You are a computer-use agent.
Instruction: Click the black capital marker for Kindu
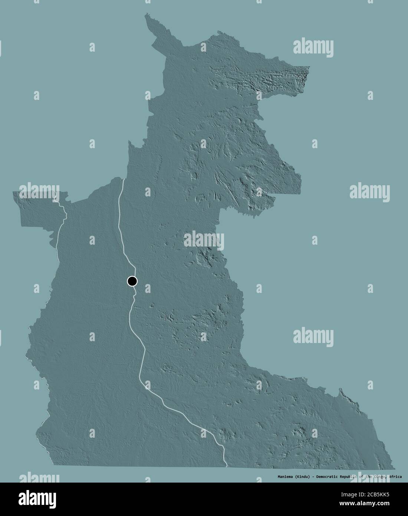click(x=132, y=281)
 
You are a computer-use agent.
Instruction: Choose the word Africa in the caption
click(x=395, y=476)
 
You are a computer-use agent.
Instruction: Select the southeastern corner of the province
click(x=395, y=468)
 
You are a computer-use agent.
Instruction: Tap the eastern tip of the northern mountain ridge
click(x=309, y=67)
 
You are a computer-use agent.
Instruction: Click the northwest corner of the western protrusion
click(x=13, y=192)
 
